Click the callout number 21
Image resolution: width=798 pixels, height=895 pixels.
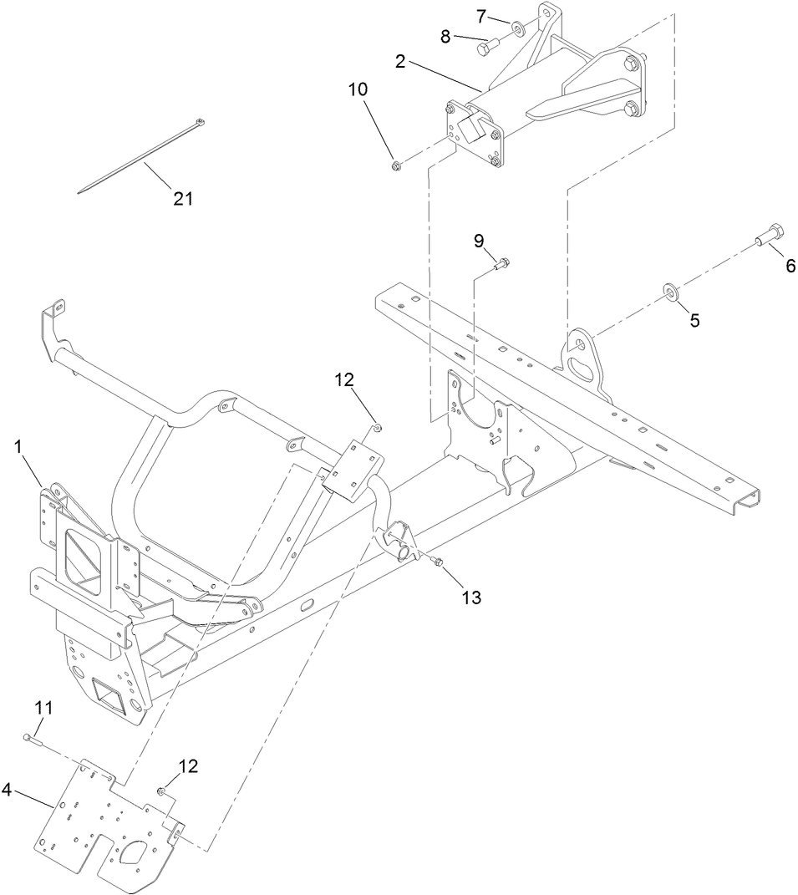point(183,198)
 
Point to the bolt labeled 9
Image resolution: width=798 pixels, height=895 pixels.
point(502,265)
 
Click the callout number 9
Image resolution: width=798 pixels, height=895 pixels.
point(479,241)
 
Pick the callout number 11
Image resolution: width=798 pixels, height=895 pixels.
point(43,709)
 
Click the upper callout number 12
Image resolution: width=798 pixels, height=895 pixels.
point(345,380)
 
